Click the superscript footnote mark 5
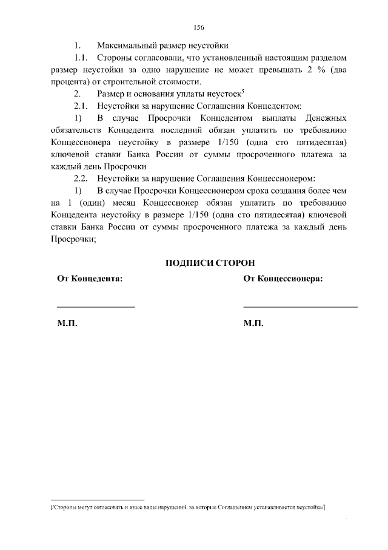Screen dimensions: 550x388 tap(242, 91)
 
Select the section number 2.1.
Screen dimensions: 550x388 tap(82, 105)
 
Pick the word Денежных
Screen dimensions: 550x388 tap(323, 117)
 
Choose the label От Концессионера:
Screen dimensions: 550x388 tap(283, 279)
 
